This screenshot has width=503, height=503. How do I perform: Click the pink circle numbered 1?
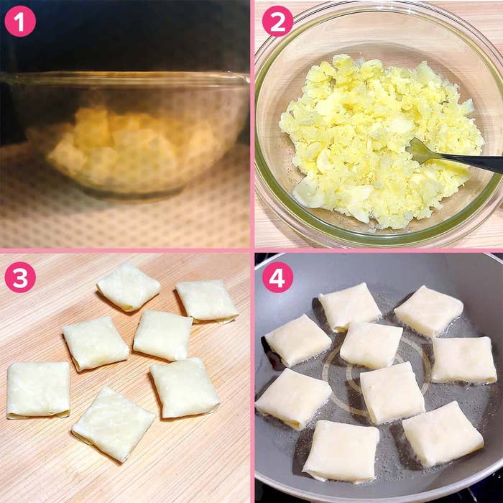(20, 21)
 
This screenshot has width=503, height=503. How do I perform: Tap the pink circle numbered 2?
(277, 21)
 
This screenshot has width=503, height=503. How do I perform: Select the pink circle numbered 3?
(20, 277)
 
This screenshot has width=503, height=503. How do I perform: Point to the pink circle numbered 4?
(277, 277)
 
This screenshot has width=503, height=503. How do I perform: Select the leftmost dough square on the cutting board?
(38, 390)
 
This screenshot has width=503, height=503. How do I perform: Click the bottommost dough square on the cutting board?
(113, 424)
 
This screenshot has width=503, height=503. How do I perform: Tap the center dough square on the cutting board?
(162, 335)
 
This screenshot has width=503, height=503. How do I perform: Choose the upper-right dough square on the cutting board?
(207, 301)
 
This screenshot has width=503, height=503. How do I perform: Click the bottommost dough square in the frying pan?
(341, 452)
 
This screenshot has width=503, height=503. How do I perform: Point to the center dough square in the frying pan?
(372, 345)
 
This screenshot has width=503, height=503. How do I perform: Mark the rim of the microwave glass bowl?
(125, 78)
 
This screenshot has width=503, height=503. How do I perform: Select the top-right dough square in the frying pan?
(428, 310)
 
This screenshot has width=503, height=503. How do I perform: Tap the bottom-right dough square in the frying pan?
(443, 434)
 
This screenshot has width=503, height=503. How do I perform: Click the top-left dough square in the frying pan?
(350, 307)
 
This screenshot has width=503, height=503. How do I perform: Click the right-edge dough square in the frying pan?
(464, 360)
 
